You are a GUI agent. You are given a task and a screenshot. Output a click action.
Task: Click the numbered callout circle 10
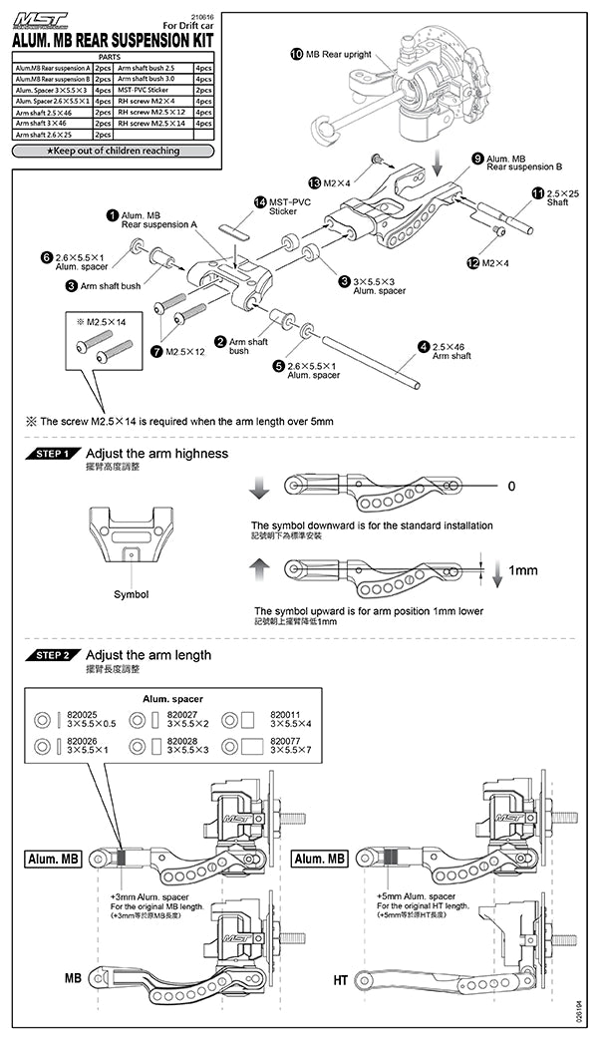point(297,52)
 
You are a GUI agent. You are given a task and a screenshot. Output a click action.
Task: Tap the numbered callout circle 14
point(261,201)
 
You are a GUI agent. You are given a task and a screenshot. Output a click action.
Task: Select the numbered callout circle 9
point(478,159)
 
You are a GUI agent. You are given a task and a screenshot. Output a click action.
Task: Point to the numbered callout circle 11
point(538,192)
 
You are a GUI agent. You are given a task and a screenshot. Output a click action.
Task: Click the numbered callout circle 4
point(423,346)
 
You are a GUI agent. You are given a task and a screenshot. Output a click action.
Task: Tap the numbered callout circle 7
point(156,351)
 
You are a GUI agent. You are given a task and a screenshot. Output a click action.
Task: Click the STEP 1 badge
point(52,454)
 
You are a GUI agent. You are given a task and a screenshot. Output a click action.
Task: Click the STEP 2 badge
point(52,656)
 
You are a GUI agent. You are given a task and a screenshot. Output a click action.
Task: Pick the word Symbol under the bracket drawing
point(131,594)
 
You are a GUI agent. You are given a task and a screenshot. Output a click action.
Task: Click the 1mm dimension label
point(523,571)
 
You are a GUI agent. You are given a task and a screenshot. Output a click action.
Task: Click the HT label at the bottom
point(340,981)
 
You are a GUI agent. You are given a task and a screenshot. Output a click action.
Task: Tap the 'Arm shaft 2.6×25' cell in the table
point(52,134)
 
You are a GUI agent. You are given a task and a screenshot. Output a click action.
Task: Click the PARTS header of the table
point(110,57)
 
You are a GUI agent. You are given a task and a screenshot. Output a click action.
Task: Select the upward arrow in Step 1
point(258,568)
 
